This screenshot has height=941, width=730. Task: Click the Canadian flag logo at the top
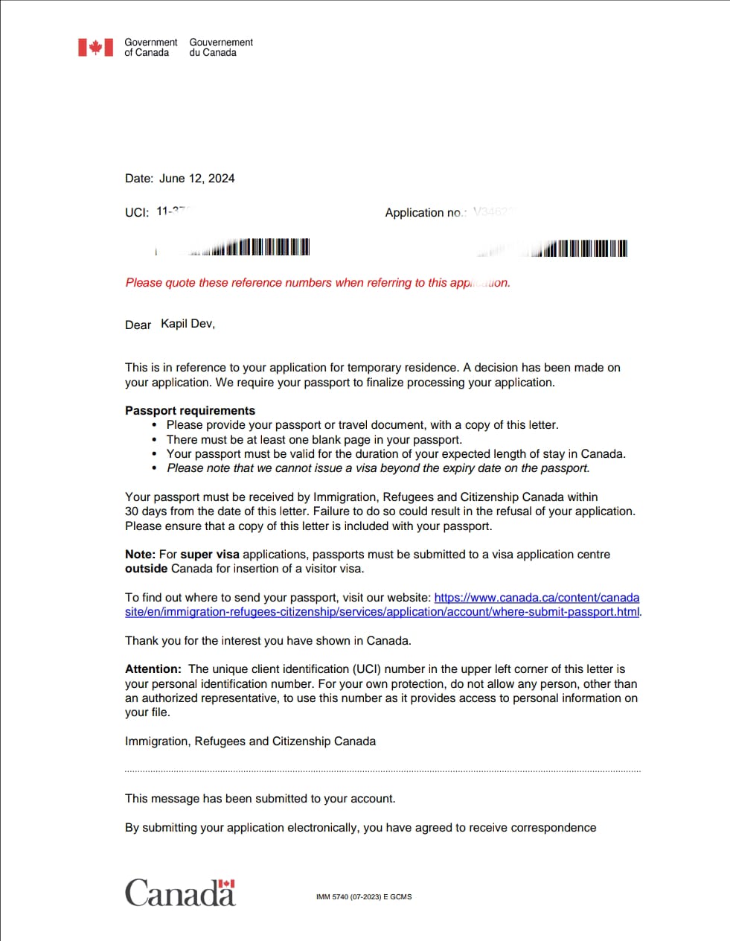(x=96, y=48)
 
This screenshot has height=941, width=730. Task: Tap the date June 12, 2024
(x=196, y=179)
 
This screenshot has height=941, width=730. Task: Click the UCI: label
(x=137, y=213)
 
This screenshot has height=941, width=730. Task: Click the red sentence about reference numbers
(x=318, y=283)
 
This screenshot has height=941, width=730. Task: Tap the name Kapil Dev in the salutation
(x=187, y=324)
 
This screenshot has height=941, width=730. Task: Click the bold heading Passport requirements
(x=190, y=411)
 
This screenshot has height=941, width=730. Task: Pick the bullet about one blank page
(x=314, y=440)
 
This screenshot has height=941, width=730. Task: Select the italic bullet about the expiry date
(x=378, y=468)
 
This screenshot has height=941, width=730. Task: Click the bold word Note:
(x=140, y=555)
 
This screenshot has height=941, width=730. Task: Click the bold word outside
(x=146, y=569)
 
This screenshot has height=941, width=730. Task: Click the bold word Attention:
(x=153, y=669)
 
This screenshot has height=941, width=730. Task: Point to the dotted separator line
(x=382, y=771)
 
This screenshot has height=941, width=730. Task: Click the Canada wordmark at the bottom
(x=180, y=892)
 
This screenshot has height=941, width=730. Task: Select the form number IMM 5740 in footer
(x=363, y=897)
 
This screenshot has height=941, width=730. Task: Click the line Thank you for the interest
(x=268, y=641)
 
